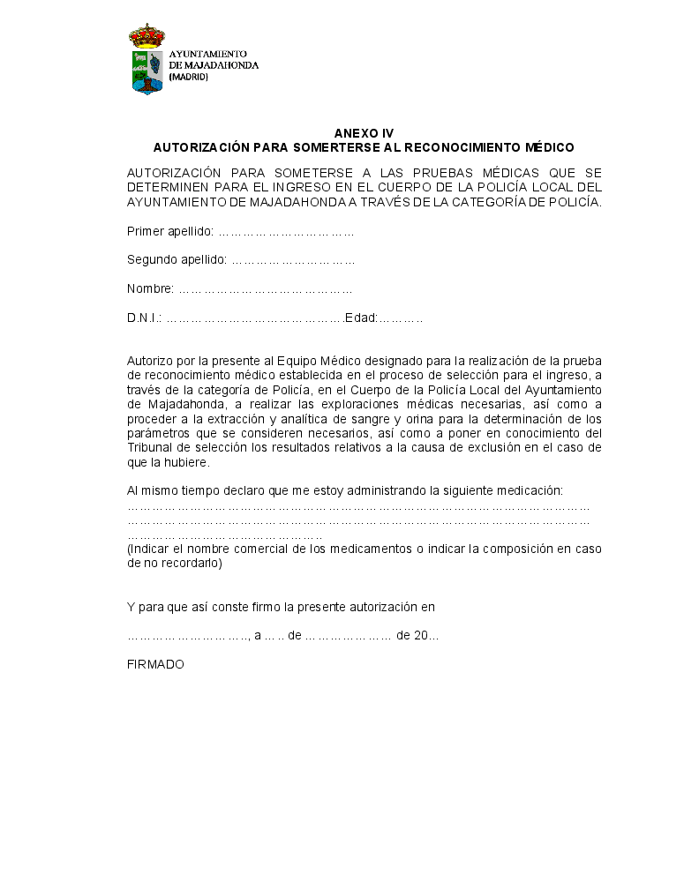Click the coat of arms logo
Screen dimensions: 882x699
pyautogui.click(x=147, y=60)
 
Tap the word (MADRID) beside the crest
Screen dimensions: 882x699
pyautogui.click(x=189, y=77)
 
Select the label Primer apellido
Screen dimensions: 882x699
pyautogui.click(x=170, y=232)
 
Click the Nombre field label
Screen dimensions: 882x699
pyautogui.click(x=151, y=289)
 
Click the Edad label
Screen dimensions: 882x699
pyautogui.click(x=361, y=318)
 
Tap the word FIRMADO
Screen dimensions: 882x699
pyautogui.click(x=156, y=664)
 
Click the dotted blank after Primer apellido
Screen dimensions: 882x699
pyautogui.click(x=286, y=233)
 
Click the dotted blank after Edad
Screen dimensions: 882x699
pyautogui.click(x=401, y=318)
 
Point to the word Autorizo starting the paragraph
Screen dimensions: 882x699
pyautogui.click(x=151, y=361)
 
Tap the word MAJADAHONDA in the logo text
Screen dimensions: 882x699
pyautogui.click(x=221, y=65)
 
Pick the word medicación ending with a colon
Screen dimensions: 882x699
pyautogui.click(x=530, y=490)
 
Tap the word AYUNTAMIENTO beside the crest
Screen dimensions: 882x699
pyautogui.click(x=208, y=54)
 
